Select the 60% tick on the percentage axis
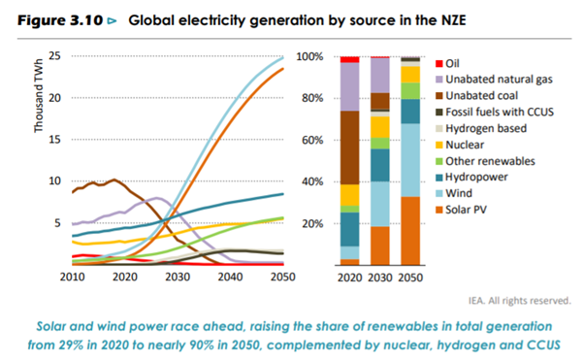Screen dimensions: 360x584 coord(309,140)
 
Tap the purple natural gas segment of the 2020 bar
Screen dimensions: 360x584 coord(348,87)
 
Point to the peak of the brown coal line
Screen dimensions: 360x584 coord(114,180)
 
